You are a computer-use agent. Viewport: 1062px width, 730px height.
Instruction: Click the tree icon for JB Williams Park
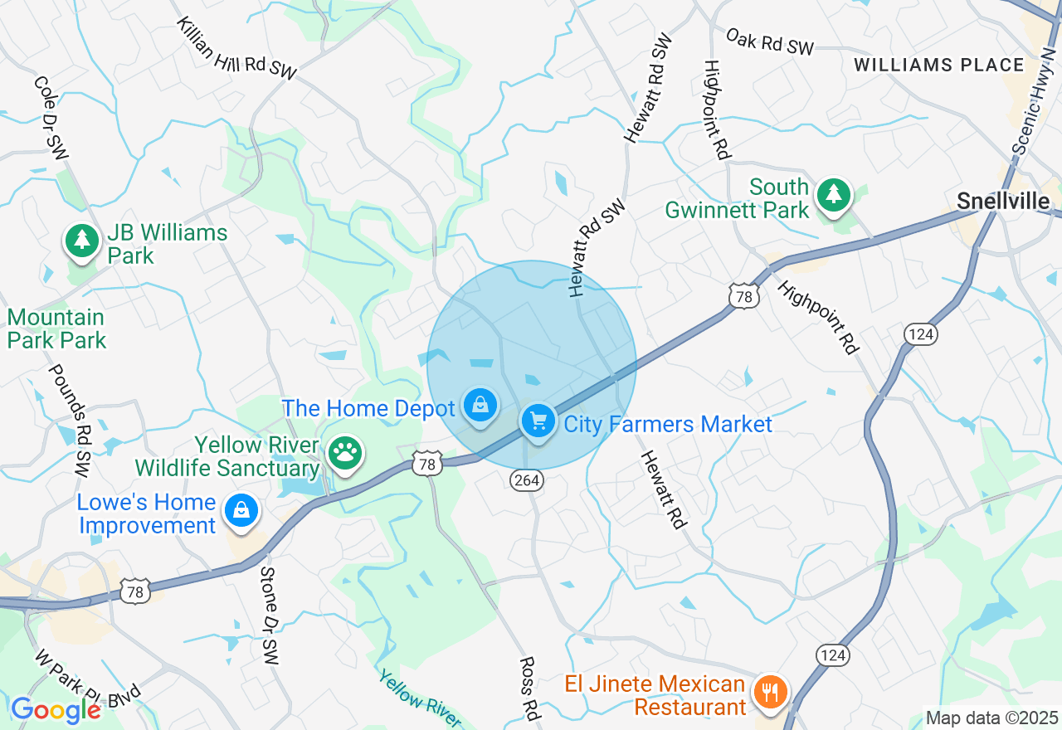(x=81, y=241)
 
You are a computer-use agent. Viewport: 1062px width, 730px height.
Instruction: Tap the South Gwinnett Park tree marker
(x=834, y=196)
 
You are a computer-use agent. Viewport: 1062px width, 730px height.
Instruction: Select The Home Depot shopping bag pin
(x=480, y=406)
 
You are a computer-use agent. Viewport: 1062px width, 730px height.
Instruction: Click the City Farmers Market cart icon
(x=538, y=421)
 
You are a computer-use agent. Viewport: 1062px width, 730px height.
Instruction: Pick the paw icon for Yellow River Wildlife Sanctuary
(x=344, y=453)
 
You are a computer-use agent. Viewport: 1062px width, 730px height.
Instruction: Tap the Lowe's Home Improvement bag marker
(x=241, y=510)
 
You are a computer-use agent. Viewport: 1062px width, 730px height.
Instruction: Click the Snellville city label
(x=1002, y=201)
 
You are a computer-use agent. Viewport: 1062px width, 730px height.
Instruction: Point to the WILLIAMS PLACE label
(x=939, y=65)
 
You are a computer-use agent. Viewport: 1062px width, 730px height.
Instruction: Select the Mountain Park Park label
(x=56, y=328)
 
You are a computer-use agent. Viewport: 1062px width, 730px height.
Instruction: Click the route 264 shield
(x=526, y=481)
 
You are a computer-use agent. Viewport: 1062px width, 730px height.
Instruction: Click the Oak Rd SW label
(x=770, y=41)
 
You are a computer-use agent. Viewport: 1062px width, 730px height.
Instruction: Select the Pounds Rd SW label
(x=69, y=420)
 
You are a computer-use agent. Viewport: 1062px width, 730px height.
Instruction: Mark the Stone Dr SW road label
(x=268, y=615)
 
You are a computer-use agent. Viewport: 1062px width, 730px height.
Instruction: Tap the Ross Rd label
(x=529, y=688)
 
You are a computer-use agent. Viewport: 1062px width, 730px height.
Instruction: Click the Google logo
(x=56, y=710)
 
